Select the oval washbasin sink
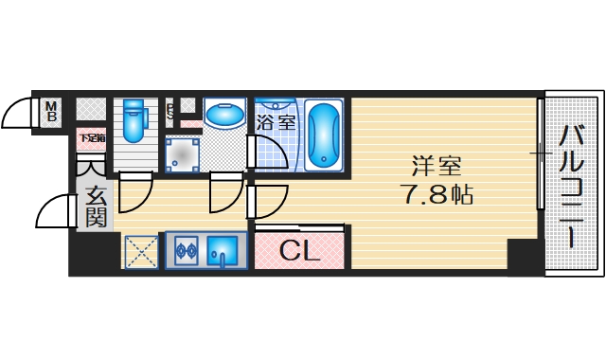pos(224,115)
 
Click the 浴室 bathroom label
pos(276,121)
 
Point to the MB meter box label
pos(53,112)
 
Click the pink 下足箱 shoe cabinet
pos(92,139)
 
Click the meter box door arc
pos(19,114)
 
